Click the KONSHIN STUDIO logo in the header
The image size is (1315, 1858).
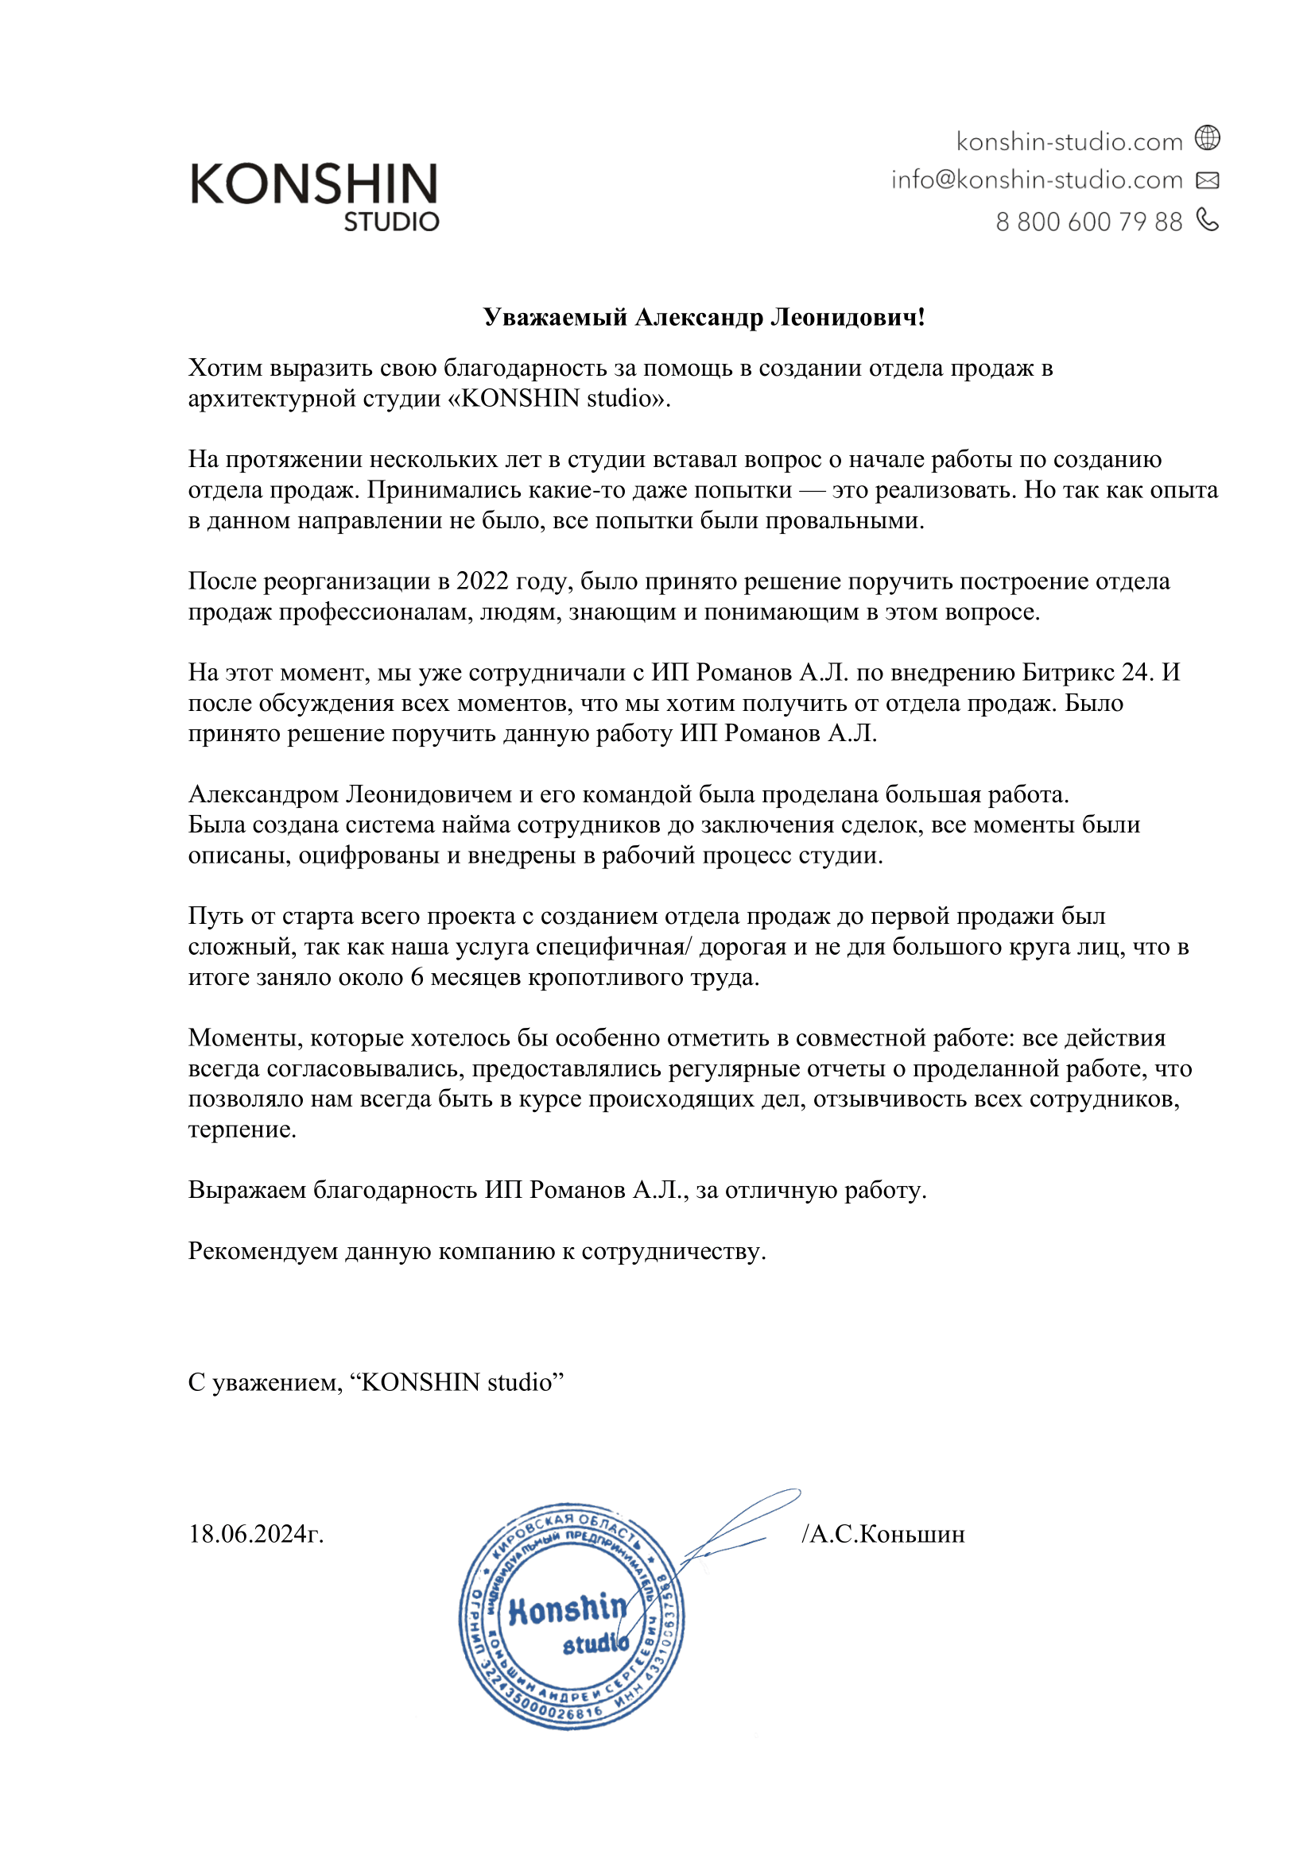pyautogui.click(x=314, y=197)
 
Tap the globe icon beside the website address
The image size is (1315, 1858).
pyautogui.click(x=1208, y=138)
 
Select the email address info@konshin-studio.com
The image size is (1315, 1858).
pyautogui.click(x=1037, y=180)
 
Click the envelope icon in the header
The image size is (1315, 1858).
pyautogui.click(x=1208, y=180)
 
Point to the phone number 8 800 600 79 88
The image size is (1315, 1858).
pyautogui.click(x=1088, y=222)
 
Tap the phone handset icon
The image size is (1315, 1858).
pyautogui.click(x=1208, y=219)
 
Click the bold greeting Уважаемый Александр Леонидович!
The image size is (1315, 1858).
pyautogui.click(x=704, y=317)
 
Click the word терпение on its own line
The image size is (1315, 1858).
pyautogui.click(x=242, y=1130)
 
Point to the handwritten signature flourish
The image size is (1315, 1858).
pyautogui.click(x=741, y=1521)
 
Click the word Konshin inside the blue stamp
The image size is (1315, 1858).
pyautogui.click(x=567, y=1609)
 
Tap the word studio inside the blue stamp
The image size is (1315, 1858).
pyautogui.click(x=595, y=1644)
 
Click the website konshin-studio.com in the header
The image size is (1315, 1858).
pyautogui.click(x=1069, y=142)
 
